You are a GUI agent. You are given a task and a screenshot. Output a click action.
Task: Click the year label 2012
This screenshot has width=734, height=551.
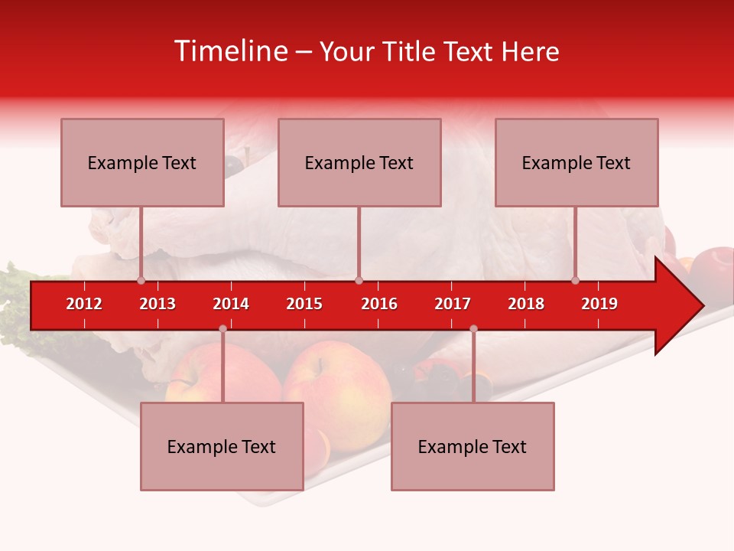pyautogui.click(x=84, y=304)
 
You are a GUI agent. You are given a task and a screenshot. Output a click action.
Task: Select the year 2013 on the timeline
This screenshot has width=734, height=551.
pyautogui.click(x=158, y=304)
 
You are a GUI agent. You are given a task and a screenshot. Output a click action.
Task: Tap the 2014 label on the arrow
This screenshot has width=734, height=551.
pyautogui.click(x=231, y=304)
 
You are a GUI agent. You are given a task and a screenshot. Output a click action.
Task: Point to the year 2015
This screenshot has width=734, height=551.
pyautogui.click(x=304, y=304)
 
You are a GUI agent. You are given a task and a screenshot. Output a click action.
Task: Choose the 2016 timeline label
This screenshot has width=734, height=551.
pyautogui.click(x=379, y=304)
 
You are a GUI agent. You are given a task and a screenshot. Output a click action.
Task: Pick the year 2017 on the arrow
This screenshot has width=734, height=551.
pyautogui.click(x=453, y=304)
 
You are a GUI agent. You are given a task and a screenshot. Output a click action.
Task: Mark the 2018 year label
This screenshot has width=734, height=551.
pyautogui.click(x=526, y=304)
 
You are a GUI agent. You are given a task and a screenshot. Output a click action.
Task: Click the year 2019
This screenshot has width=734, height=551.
pyautogui.click(x=599, y=304)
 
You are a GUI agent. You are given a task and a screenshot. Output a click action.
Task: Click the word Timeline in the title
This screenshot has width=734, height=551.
pyautogui.click(x=230, y=51)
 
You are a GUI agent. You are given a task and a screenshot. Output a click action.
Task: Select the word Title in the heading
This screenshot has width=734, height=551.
pyautogui.click(x=411, y=51)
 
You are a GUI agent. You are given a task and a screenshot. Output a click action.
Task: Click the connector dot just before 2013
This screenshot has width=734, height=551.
pyautogui.click(x=141, y=280)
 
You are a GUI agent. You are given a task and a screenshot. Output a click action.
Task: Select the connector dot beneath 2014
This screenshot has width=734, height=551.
pyautogui.click(x=222, y=328)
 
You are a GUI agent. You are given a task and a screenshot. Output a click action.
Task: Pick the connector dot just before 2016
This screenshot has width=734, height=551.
pyautogui.click(x=359, y=280)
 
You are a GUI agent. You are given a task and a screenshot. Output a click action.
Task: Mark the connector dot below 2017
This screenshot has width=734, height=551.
pyautogui.click(x=473, y=328)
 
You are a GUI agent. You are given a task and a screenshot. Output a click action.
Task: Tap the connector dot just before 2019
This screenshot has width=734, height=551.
pyautogui.click(x=576, y=280)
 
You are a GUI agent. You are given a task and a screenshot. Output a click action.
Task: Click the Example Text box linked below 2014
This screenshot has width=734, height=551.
pyautogui.click(x=222, y=446)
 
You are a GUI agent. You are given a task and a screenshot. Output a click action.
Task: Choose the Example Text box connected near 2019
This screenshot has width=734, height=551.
pyautogui.click(x=576, y=162)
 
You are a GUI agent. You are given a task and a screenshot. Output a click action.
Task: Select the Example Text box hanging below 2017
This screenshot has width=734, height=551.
pyautogui.click(x=473, y=446)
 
